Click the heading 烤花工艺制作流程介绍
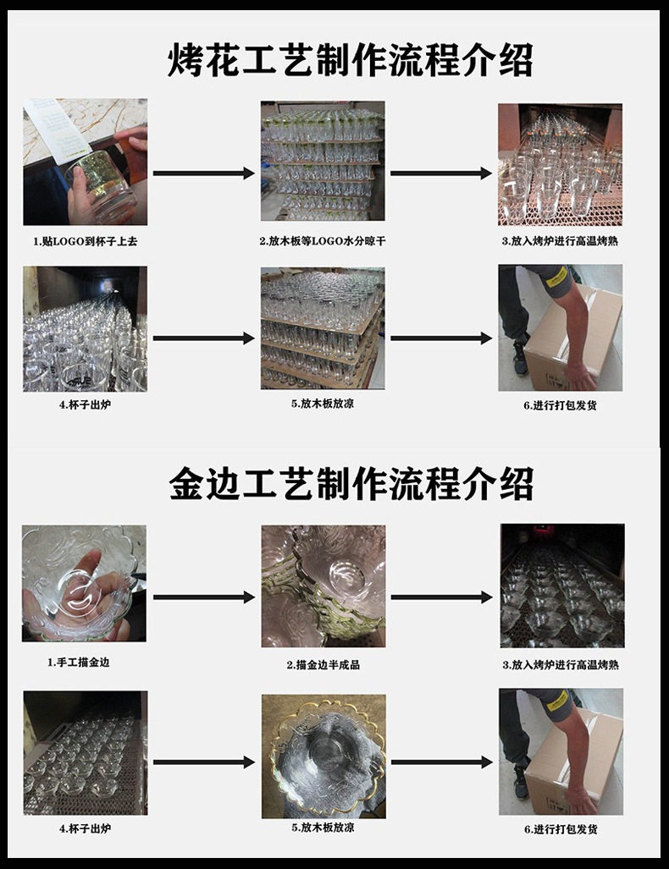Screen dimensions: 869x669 (350, 61)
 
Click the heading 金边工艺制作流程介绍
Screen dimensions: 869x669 (351, 484)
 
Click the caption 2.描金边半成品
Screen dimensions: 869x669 (323, 665)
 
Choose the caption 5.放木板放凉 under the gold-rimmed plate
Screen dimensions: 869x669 (323, 828)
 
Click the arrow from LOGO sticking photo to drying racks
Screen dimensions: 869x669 (203, 173)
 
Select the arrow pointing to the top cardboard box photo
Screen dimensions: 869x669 (440, 338)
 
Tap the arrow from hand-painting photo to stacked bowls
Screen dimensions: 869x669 (203, 597)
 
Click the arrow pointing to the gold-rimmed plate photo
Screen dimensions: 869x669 (203, 762)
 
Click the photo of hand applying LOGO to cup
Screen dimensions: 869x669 (85, 162)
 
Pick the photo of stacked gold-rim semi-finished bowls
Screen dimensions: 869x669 (323, 586)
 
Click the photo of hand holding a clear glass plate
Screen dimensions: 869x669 (84, 583)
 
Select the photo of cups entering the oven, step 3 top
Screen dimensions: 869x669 (560, 163)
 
